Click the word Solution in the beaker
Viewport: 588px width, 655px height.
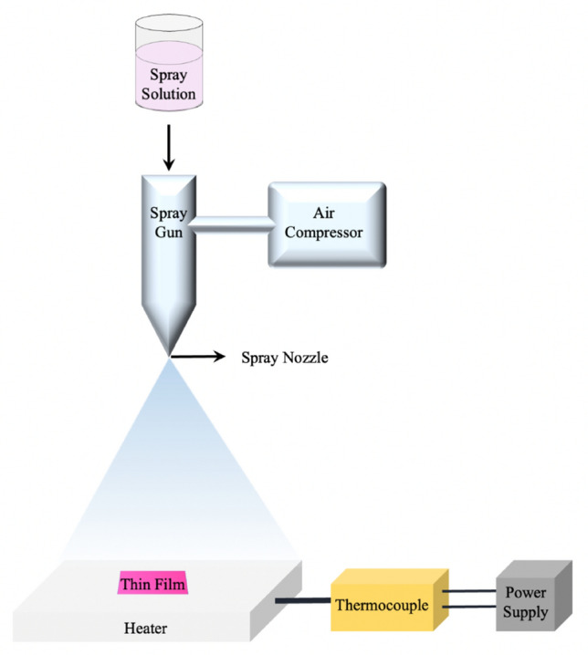click(x=169, y=93)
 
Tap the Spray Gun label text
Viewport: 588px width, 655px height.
click(x=168, y=223)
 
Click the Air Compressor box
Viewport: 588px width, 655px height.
click(x=326, y=224)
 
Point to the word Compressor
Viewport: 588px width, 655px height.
click(x=324, y=233)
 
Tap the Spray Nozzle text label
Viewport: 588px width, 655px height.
click(x=284, y=358)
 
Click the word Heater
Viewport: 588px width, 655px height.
click(x=146, y=629)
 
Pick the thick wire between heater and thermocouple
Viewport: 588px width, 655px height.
click(x=302, y=601)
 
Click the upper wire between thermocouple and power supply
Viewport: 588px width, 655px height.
click(x=472, y=590)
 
